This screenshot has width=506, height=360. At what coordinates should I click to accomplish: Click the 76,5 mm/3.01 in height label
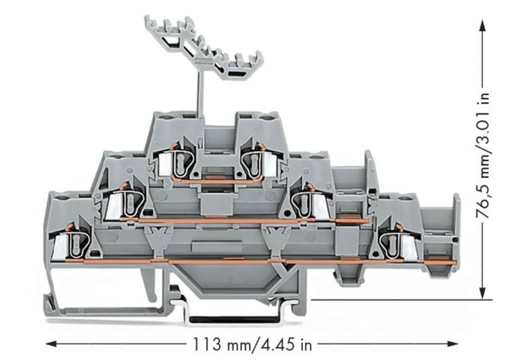[484, 155]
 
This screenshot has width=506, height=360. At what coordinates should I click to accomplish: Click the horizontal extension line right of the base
[400, 299]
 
